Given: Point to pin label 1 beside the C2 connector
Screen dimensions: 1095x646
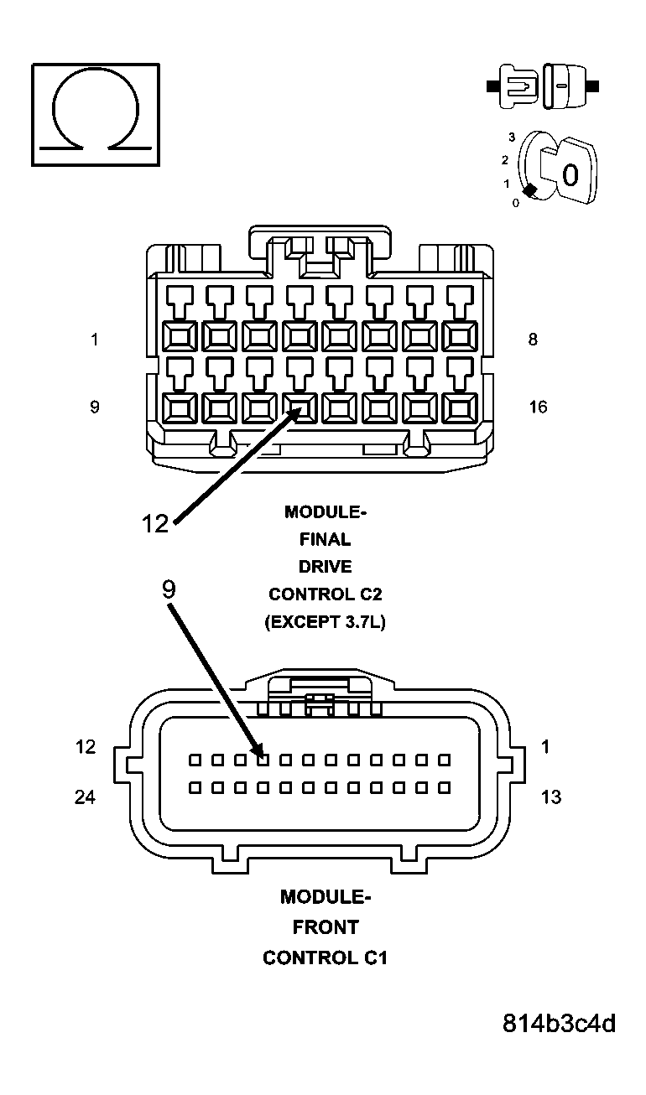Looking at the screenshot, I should coord(95,340).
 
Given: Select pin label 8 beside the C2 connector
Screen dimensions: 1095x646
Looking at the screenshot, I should coord(534,340).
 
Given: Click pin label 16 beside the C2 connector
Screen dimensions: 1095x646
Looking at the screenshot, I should coord(537,407).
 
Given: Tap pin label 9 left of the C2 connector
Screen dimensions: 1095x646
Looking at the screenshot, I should coord(95,407).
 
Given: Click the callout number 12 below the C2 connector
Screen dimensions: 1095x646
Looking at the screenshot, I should coord(155,524).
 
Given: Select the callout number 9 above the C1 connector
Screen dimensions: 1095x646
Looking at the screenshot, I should coord(169,589).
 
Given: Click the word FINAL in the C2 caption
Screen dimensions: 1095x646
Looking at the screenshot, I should coord(325,539).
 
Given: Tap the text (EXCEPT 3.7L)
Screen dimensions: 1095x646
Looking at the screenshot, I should coord(325,622).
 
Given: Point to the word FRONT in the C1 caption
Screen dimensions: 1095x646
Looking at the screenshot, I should coord(325,927).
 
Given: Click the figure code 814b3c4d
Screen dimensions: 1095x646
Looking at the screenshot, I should coord(560,1024).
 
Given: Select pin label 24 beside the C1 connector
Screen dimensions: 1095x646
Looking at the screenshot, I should coord(85,797).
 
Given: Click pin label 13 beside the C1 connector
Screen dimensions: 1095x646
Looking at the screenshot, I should coord(550,797).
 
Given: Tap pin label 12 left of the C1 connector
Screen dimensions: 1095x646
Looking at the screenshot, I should coord(85,747).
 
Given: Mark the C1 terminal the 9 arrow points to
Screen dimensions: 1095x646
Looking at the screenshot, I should coord(263,760).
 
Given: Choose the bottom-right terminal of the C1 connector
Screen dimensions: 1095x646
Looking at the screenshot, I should coord(445,788).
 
